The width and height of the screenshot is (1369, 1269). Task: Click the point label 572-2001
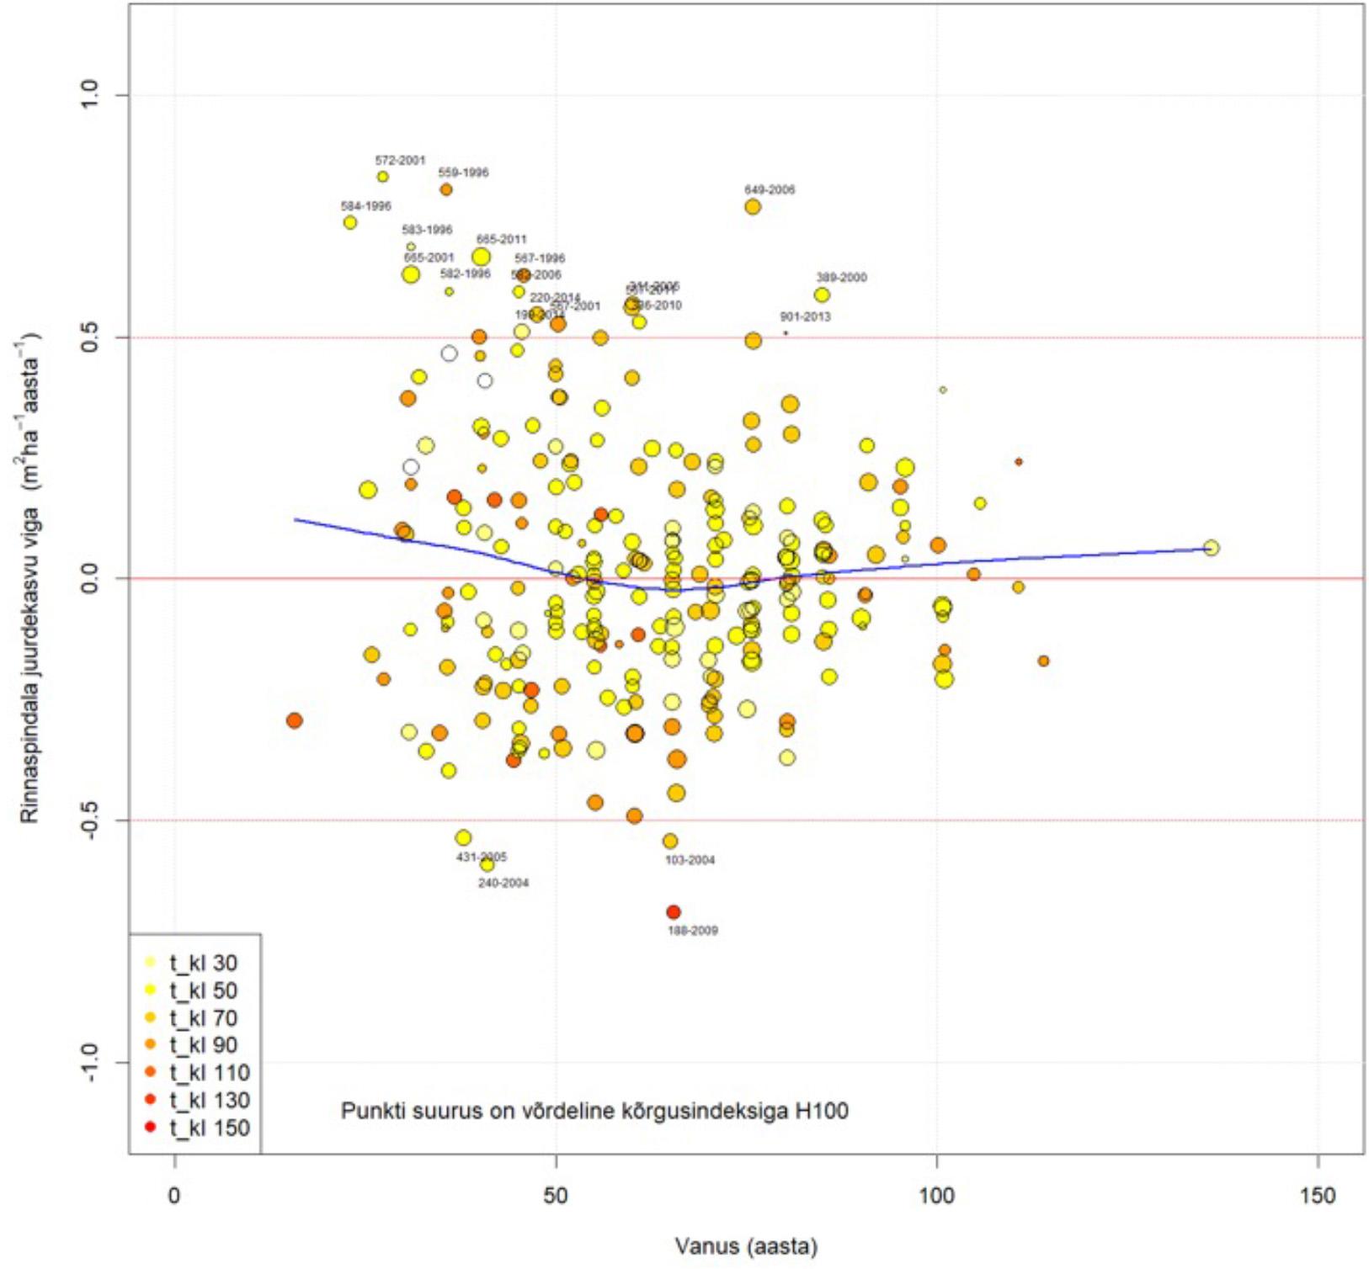pos(400,160)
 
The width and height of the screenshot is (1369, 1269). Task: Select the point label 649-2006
pos(769,189)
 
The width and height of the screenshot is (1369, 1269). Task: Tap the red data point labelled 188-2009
pos(673,912)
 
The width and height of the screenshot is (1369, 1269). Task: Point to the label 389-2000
pos(840,277)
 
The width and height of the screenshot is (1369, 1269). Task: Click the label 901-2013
pos(805,316)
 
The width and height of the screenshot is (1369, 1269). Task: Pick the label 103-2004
pos(690,860)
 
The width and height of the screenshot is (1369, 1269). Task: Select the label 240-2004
pos(503,883)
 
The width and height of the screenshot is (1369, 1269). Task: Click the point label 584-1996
pos(365,205)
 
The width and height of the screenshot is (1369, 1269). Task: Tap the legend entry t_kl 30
pos(203,963)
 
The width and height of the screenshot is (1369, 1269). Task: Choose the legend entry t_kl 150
pos(209,1128)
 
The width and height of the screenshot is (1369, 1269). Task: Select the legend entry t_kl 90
pos(203,1045)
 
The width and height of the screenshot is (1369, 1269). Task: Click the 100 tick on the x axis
pos(936,1196)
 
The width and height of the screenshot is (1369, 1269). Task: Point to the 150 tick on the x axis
pos(1317,1196)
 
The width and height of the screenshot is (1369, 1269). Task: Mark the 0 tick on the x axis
pos(174,1196)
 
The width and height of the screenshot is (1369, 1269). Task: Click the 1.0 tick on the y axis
pos(90,95)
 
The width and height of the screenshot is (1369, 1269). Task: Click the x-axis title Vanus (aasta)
pos(745,1246)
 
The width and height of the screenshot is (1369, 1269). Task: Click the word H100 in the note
pos(821,1111)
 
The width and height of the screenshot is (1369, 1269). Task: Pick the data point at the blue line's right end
pos(1211,548)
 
